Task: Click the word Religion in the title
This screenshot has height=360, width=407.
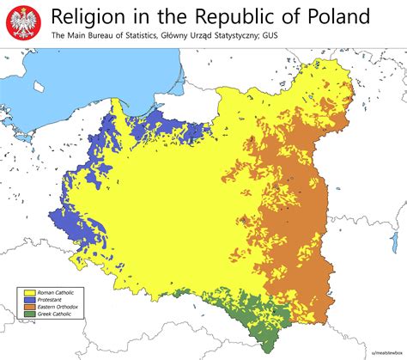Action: [92, 16]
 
